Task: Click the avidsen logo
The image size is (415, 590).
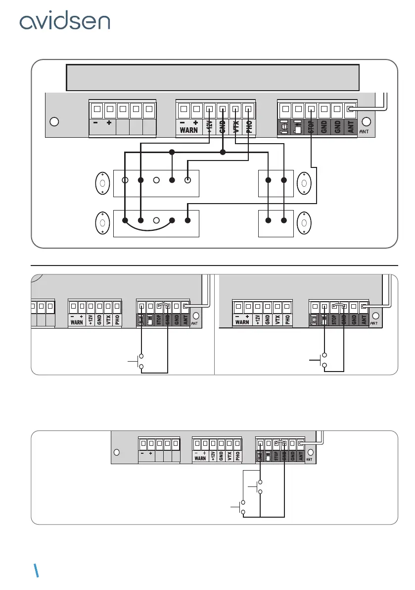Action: pos(64,22)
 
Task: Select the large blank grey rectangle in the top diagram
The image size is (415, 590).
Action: pos(213,77)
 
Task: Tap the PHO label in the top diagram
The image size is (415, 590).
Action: pos(249,127)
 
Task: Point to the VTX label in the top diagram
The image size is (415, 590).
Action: pos(236,127)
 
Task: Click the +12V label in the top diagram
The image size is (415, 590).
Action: pos(210,127)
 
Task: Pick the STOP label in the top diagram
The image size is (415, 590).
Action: pos(311,127)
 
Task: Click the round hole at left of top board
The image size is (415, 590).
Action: pos(55,122)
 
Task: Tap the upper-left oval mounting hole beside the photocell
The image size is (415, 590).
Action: pos(102,184)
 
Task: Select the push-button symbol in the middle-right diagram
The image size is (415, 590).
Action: pos(322,360)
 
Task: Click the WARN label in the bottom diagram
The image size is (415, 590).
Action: pos(200,458)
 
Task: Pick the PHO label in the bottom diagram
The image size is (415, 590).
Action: pos(238,456)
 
